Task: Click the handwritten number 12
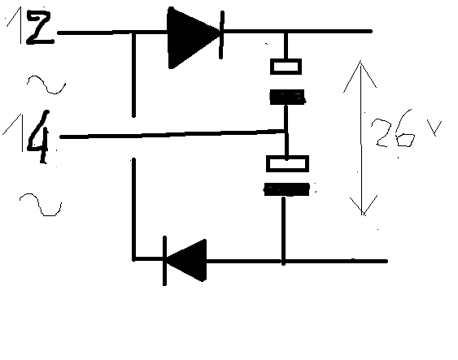pyautogui.click(x=29, y=27)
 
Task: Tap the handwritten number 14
pyautogui.click(x=28, y=136)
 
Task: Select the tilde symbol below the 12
pyautogui.click(x=46, y=85)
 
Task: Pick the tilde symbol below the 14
pyautogui.click(x=41, y=204)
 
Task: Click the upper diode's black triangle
pyautogui.click(x=190, y=37)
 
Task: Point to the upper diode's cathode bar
pyautogui.click(x=222, y=35)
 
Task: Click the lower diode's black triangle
pyautogui.click(x=189, y=260)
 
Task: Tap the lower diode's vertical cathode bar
pyautogui.click(x=164, y=261)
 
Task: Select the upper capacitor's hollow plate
pyautogui.click(x=286, y=67)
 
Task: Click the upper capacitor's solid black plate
pyautogui.click(x=287, y=98)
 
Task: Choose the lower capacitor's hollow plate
pyautogui.click(x=287, y=163)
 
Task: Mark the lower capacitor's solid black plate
pyautogui.click(x=287, y=189)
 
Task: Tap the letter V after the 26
pyautogui.click(x=434, y=128)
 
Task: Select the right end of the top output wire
pyautogui.click(x=371, y=31)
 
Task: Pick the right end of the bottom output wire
pyautogui.click(x=386, y=261)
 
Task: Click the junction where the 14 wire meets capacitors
pyautogui.click(x=286, y=132)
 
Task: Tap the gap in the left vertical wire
pyautogui.click(x=133, y=137)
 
